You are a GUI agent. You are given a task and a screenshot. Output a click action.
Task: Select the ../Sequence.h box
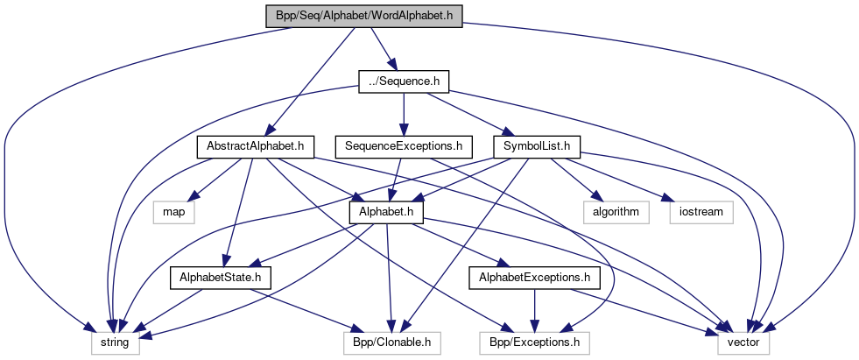tap(404, 81)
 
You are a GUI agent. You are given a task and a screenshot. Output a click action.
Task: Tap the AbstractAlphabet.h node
tap(255, 146)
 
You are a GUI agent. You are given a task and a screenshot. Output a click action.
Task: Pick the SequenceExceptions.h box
tap(404, 146)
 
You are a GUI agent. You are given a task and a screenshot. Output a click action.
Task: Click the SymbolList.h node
tap(538, 146)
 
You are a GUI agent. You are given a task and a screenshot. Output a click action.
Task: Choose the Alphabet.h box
tap(386, 212)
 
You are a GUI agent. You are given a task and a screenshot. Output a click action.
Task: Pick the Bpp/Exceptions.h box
tap(534, 342)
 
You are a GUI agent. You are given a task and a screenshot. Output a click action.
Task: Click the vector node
tap(743, 342)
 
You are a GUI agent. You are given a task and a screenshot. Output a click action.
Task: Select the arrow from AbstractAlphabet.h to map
tap(215, 180)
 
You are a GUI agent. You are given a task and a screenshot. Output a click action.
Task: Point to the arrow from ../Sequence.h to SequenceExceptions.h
tap(404, 114)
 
